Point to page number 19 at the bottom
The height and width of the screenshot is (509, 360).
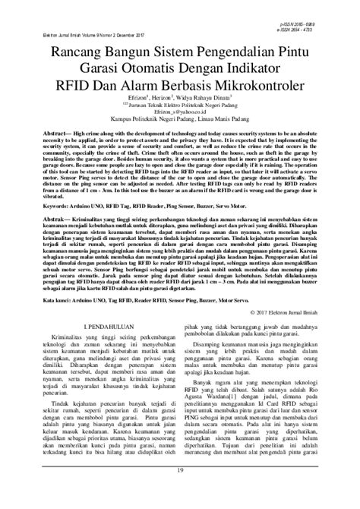[179, 493]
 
